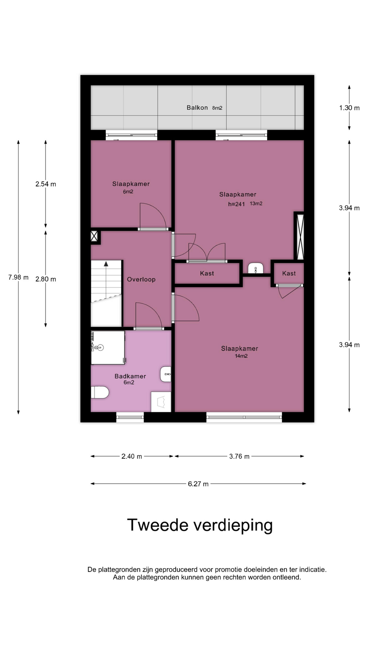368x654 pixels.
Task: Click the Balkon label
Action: point(197,108)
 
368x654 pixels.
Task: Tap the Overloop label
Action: point(141,279)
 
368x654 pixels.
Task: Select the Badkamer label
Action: point(130,376)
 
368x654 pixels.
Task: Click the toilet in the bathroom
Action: point(100,392)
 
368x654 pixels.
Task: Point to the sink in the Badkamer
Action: point(166,374)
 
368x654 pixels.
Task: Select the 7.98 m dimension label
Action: point(18,277)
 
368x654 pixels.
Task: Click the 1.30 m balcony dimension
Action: point(349,108)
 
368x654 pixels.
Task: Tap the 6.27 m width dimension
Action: point(198,484)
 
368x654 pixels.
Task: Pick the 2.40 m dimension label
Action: point(132,456)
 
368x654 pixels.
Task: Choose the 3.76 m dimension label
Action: point(239,456)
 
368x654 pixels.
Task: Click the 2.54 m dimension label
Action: point(46,184)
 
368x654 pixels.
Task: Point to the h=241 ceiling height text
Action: point(236,204)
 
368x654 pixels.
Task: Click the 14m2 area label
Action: point(241,356)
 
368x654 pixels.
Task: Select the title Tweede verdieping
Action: point(200,525)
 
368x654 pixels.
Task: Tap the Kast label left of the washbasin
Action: point(207,273)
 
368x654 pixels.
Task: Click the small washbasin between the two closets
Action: point(255,268)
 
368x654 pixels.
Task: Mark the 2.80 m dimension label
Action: point(46,279)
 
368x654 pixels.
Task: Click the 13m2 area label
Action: point(256,204)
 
